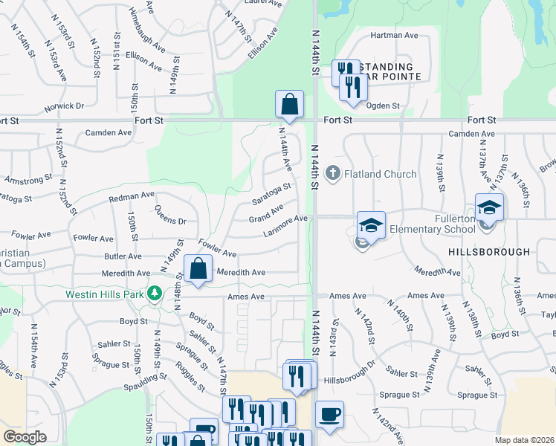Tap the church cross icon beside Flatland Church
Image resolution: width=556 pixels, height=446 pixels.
click(332, 174)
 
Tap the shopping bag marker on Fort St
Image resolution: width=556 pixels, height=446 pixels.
click(289, 105)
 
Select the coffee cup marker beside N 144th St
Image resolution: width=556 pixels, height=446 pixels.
click(329, 414)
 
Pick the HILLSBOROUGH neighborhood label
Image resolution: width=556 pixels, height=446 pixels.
click(489, 252)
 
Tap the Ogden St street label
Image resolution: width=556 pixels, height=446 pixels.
click(385, 106)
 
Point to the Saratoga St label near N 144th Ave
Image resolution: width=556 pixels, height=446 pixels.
click(271, 197)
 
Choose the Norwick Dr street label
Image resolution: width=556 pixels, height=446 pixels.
click(64, 106)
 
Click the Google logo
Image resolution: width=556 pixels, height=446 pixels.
click(25, 437)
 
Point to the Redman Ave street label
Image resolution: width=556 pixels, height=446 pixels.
click(131, 197)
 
